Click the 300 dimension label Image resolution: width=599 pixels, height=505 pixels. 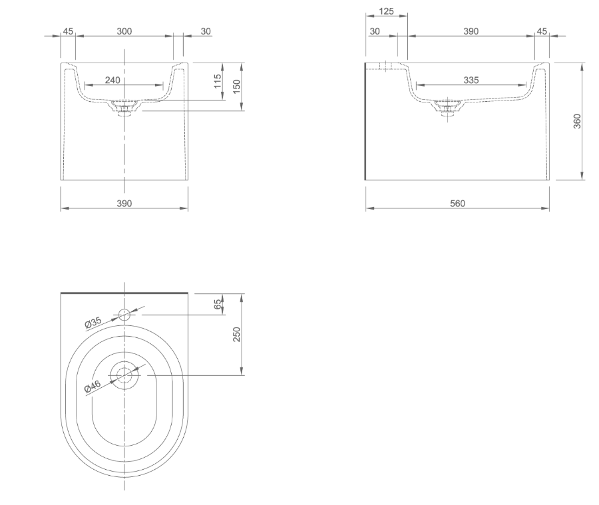(x=124, y=31)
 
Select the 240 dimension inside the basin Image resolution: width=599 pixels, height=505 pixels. (x=113, y=80)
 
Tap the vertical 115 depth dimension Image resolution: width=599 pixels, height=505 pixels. (x=218, y=81)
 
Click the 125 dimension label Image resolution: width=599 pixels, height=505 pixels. (x=385, y=11)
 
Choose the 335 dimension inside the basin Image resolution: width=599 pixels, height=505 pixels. (x=471, y=80)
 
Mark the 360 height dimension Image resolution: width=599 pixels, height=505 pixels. (x=577, y=121)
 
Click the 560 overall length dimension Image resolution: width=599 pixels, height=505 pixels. (x=457, y=204)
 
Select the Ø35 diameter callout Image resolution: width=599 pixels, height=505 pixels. (x=93, y=323)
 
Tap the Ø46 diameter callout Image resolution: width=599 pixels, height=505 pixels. (x=93, y=386)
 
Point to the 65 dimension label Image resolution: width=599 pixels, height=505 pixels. (x=218, y=304)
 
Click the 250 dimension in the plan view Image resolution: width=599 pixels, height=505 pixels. (x=237, y=335)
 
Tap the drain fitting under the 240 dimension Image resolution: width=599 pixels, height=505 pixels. (x=123, y=108)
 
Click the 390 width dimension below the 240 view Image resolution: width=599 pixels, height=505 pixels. (x=124, y=204)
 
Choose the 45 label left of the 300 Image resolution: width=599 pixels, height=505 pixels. (x=68, y=31)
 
